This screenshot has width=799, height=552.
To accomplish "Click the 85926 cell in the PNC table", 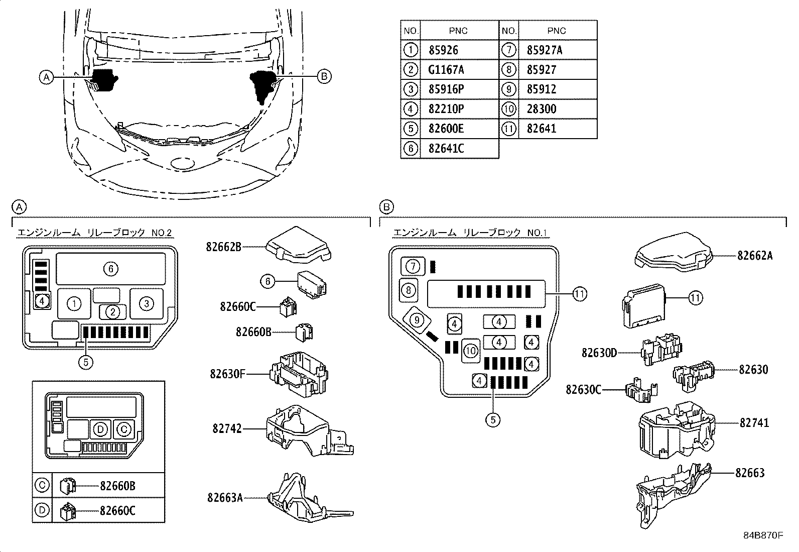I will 444,50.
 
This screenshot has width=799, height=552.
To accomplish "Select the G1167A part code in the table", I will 446,69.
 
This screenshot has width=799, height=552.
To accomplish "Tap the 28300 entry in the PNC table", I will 542,109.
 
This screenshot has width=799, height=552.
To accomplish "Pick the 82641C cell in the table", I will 446,148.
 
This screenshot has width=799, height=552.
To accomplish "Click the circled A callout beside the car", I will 46,77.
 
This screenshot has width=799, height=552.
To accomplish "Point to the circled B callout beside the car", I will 324,76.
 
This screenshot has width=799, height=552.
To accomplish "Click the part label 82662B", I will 223,246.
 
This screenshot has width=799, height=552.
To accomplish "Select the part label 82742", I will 227,428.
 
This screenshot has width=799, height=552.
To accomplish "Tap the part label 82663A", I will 224,497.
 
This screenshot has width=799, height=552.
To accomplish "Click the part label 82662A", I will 755,256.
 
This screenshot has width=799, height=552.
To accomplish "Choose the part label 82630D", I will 599,353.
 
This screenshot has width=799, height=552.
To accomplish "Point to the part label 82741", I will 754,423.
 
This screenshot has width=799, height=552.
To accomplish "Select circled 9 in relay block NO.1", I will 416,319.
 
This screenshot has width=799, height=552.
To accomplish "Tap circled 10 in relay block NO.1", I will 470,350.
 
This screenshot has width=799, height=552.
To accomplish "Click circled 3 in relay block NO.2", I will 146,303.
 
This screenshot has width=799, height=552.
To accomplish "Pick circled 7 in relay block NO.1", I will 412,266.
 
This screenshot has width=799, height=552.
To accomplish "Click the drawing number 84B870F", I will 763,535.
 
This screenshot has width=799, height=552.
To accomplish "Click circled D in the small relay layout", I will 100,429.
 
